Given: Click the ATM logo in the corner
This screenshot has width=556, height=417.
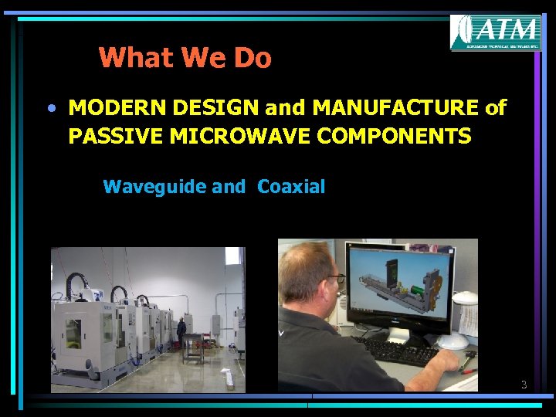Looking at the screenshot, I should (495, 33).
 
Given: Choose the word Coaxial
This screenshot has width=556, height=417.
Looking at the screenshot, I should (291, 186).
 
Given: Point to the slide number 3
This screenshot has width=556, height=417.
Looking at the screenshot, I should (523, 384).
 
